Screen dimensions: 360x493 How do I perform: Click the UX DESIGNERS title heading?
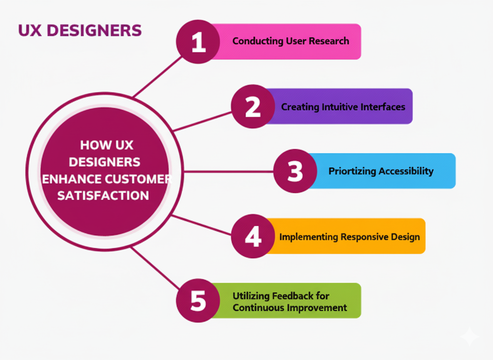(80, 30)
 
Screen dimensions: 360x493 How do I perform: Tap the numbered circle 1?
(198, 42)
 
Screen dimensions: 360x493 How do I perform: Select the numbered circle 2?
(253, 106)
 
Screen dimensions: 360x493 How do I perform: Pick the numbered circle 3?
(295, 171)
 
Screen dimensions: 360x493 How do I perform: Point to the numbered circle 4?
(253, 236)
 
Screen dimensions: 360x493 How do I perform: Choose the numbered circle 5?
(198, 300)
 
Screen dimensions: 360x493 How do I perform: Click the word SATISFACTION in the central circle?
(103, 195)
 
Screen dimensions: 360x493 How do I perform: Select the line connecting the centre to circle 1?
(158, 77)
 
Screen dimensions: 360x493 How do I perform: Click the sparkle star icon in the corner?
(469, 336)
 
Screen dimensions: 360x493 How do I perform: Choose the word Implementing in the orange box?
(309, 237)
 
